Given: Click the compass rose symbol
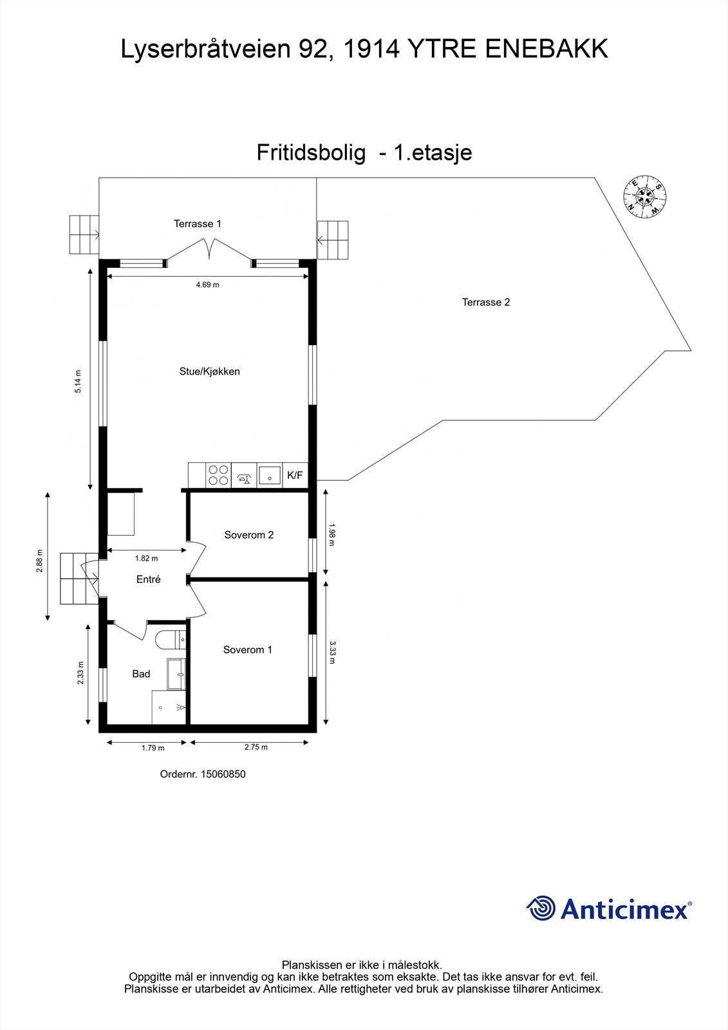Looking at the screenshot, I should pyautogui.click(x=644, y=196).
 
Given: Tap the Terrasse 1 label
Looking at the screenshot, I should pyautogui.click(x=198, y=224).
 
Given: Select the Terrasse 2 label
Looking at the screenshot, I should pyautogui.click(x=486, y=302).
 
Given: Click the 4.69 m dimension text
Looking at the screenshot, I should pyautogui.click(x=207, y=285).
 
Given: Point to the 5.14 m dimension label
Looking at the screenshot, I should pyautogui.click(x=79, y=381).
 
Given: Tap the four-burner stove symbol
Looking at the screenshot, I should pyautogui.click(x=218, y=475).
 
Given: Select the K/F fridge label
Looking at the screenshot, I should pyautogui.click(x=295, y=476).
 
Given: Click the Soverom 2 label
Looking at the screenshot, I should pyautogui.click(x=248, y=535).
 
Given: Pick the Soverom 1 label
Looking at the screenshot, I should pyautogui.click(x=247, y=650).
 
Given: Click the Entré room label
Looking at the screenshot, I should pyautogui.click(x=148, y=579).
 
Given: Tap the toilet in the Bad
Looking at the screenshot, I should pyautogui.click(x=170, y=639).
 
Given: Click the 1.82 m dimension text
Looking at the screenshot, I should pyautogui.click(x=146, y=558).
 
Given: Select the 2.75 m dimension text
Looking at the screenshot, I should pyautogui.click(x=256, y=747).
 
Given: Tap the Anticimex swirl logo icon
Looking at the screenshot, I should pyautogui.click(x=541, y=908).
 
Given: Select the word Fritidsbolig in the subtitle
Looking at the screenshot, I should pyautogui.click(x=311, y=153).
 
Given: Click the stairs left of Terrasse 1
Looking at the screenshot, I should pyautogui.click(x=84, y=234).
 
